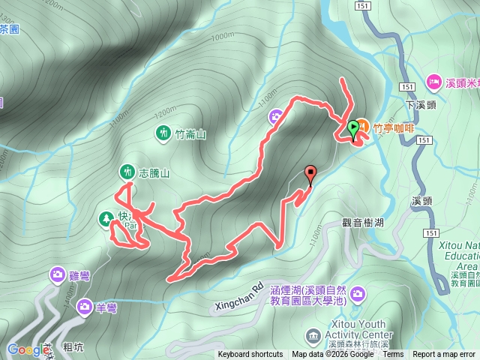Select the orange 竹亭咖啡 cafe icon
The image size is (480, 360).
click(x=361, y=124)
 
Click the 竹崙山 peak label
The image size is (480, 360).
click(x=190, y=134)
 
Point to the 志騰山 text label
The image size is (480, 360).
click(x=154, y=172)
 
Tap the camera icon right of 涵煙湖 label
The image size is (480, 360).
click(x=358, y=292)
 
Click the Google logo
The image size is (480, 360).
click(x=28, y=349)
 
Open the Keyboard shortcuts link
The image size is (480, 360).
click(x=250, y=355)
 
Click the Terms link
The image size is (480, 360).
click(x=393, y=355)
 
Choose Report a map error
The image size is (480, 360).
click(x=445, y=355)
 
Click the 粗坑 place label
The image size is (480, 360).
click(x=73, y=347)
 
